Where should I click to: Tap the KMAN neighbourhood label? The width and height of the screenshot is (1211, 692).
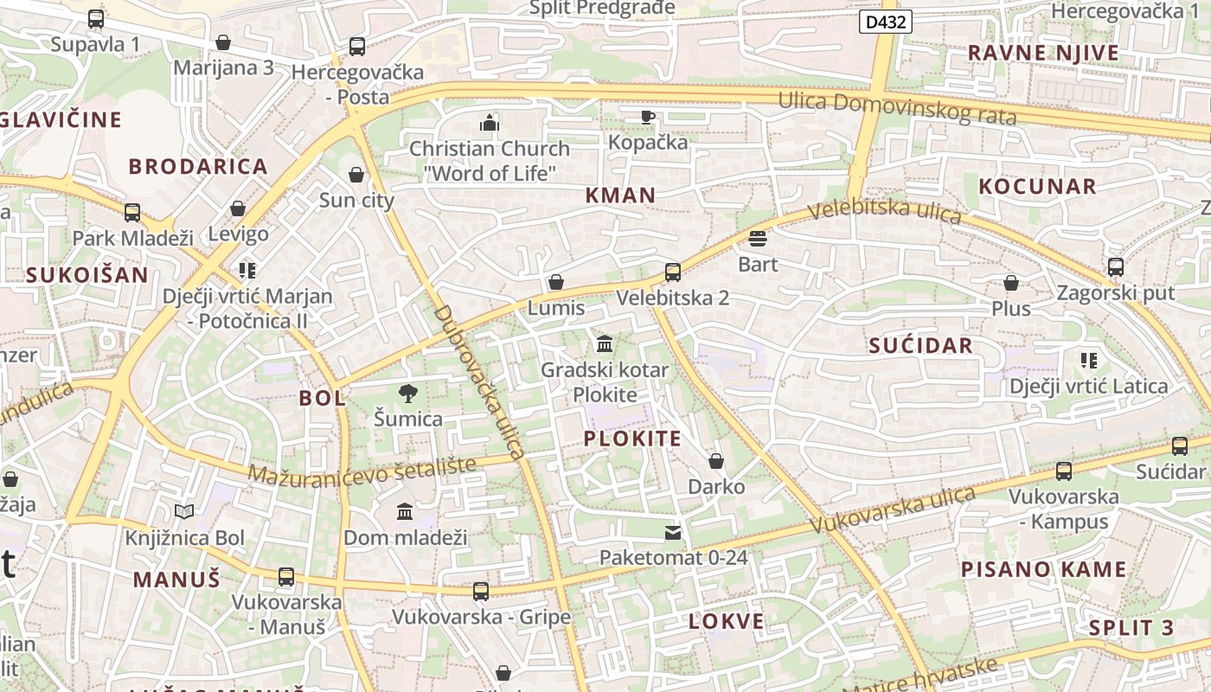(620, 195)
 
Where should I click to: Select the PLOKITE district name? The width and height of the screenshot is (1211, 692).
(632, 438)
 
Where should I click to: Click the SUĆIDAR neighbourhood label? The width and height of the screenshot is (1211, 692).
(920, 346)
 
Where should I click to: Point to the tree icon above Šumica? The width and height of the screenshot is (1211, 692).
(408, 394)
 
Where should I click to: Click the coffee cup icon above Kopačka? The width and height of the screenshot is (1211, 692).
(648, 117)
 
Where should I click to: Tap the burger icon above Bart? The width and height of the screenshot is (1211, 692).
(758, 239)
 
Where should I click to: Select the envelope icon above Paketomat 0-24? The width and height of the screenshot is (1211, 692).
(673, 532)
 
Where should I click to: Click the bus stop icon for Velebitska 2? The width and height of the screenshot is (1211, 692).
(673, 272)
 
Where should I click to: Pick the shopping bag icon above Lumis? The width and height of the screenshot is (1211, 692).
(556, 283)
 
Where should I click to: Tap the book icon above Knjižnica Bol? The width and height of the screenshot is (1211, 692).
(184, 512)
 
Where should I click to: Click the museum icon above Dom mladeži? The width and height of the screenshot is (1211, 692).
(405, 512)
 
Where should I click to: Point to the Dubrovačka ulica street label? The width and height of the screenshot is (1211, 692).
(479, 381)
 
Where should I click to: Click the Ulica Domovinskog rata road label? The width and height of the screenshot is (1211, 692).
(897, 108)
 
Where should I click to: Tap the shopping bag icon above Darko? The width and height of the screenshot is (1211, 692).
(716, 461)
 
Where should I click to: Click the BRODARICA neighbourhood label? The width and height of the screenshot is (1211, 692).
(198, 166)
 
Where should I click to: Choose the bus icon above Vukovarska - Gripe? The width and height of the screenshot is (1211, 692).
(481, 592)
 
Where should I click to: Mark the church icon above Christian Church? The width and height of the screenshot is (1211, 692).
(490, 123)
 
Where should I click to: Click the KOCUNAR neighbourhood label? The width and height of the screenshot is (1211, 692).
(1037, 186)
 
